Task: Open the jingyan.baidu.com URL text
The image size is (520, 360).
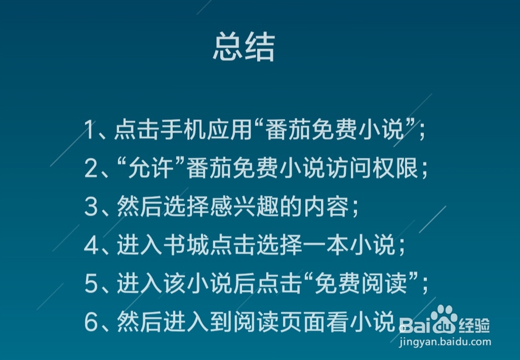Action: pos(445,343)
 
